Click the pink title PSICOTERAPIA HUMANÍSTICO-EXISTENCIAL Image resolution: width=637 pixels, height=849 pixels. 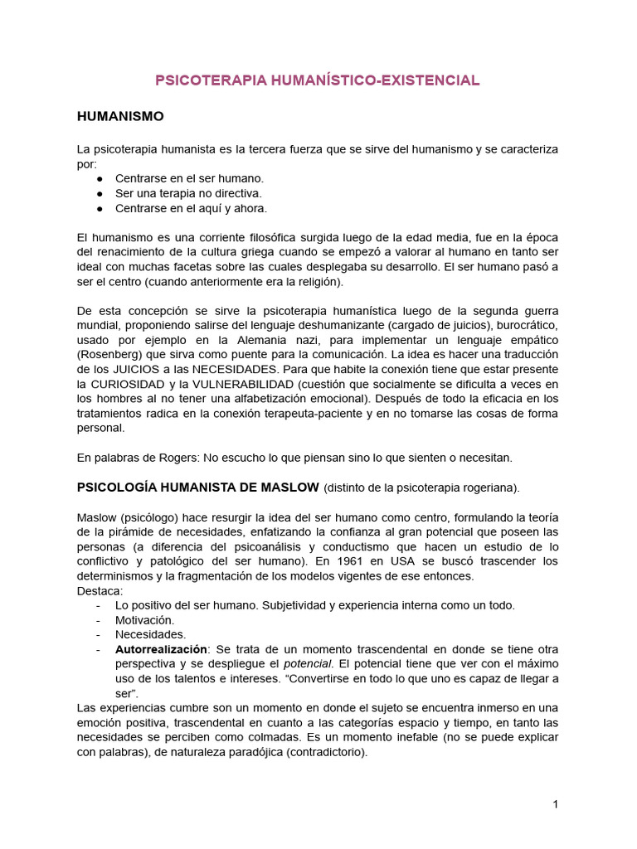point(318,80)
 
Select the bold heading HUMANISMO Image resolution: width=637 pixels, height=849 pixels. point(120,116)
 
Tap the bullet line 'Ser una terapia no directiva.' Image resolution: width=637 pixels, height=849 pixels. point(188,193)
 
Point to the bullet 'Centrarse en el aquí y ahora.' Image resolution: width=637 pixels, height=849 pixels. point(191,208)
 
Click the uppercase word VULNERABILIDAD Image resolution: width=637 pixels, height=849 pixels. point(241,383)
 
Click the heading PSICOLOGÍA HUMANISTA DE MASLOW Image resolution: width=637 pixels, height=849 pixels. point(198,487)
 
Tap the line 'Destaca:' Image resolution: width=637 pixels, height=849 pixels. point(100,590)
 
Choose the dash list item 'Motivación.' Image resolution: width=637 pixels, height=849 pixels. point(145,619)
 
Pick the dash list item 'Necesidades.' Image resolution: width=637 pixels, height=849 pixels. point(151,634)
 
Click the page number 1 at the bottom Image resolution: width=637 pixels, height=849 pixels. point(555,804)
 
